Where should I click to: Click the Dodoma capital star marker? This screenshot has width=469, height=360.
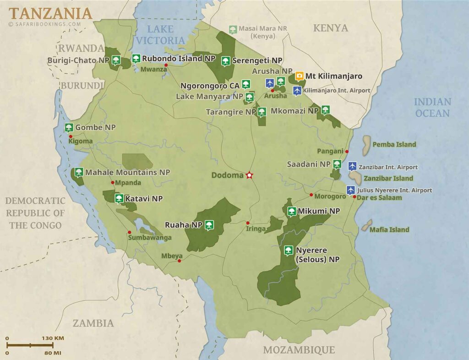pyautogui.click(x=250, y=175)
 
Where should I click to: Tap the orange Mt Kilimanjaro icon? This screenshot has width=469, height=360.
pyautogui.click(x=300, y=76)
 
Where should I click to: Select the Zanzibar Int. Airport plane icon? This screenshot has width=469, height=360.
pyautogui.click(x=352, y=166)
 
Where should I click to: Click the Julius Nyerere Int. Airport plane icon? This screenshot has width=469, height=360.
pyautogui.click(x=351, y=189)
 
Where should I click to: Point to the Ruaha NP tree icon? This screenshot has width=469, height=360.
pyautogui.click(x=209, y=224)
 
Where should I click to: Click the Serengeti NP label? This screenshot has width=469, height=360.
pyautogui.click(x=257, y=60)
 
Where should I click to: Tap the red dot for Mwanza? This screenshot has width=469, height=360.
pyautogui.click(x=166, y=65)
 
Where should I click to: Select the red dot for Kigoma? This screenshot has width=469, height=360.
pyautogui.click(x=71, y=136)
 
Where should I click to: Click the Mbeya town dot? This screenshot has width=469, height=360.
pyautogui.click(x=179, y=261)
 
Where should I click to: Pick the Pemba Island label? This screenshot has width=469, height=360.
pyautogui.click(x=394, y=144)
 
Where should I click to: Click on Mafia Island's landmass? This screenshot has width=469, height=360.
pyautogui.click(x=366, y=225)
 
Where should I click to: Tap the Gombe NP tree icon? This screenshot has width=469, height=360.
pyautogui.click(x=69, y=127)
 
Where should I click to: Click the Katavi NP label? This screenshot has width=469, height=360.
pyautogui.click(x=144, y=199)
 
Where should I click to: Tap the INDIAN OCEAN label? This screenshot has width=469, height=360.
pyautogui.click(x=432, y=107)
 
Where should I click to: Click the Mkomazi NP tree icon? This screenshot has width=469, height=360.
pyautogui.click(x=325, y=109)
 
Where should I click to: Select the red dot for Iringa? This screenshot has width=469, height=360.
pyautogui.click(x=248, y=223)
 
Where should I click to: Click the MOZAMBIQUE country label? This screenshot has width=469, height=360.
pyautogui.click(x=299, y=350)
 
